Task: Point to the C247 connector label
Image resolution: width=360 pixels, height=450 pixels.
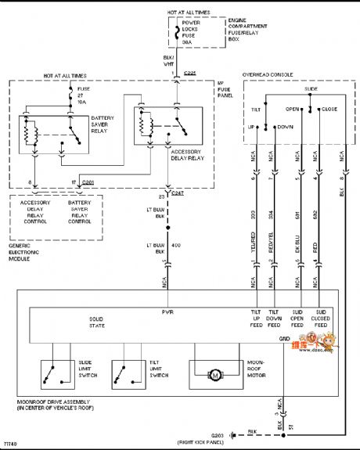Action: coord(178,193)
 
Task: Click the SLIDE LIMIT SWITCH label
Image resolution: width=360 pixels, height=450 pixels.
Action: coord(88,369)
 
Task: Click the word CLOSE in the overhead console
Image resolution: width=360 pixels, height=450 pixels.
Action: coord(329,109)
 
